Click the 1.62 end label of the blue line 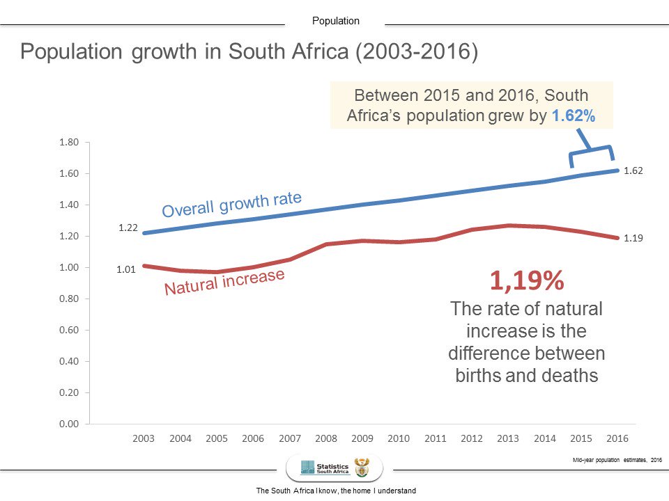(633, 170)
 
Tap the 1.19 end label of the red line (633, 238)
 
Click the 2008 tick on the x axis (325, 439)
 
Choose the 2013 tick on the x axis (508, 439)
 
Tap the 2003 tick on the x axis (143, 439)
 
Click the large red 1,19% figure (526, 281)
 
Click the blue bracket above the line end (591, 155)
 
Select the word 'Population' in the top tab (336, 21)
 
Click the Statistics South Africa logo (334, 467)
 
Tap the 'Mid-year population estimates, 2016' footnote (614, 459)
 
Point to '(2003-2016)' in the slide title (417, 53)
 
